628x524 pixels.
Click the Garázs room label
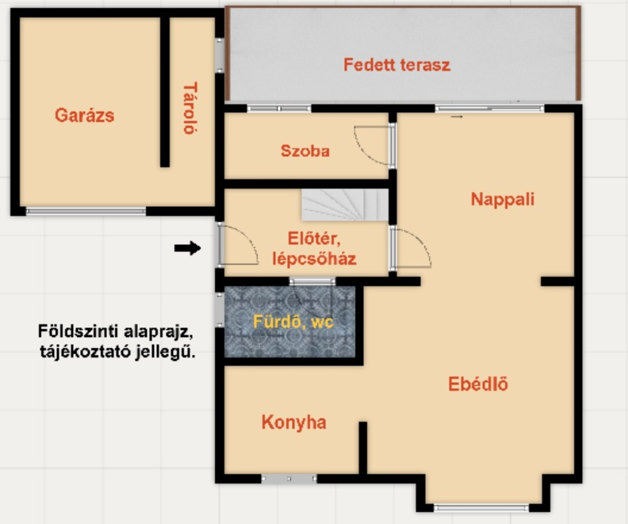point(85,115)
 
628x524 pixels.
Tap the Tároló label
point(190,108)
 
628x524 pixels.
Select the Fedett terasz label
point(397,64)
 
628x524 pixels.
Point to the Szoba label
point(305,151)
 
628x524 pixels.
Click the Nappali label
point(503,199)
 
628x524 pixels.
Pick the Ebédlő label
point(478,384)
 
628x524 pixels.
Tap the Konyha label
point(294,423)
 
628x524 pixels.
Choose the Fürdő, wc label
point(293,322)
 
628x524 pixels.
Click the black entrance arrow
point(187,248)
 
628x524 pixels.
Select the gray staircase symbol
point(345,205)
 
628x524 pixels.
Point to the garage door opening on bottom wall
point(86,211)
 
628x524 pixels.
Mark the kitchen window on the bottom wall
point(289,478)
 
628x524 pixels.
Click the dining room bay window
point(481,508)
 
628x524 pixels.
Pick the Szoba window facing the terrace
point(279,108)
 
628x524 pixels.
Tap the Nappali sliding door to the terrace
point(489,108)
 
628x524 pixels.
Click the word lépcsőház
point(315,258)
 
